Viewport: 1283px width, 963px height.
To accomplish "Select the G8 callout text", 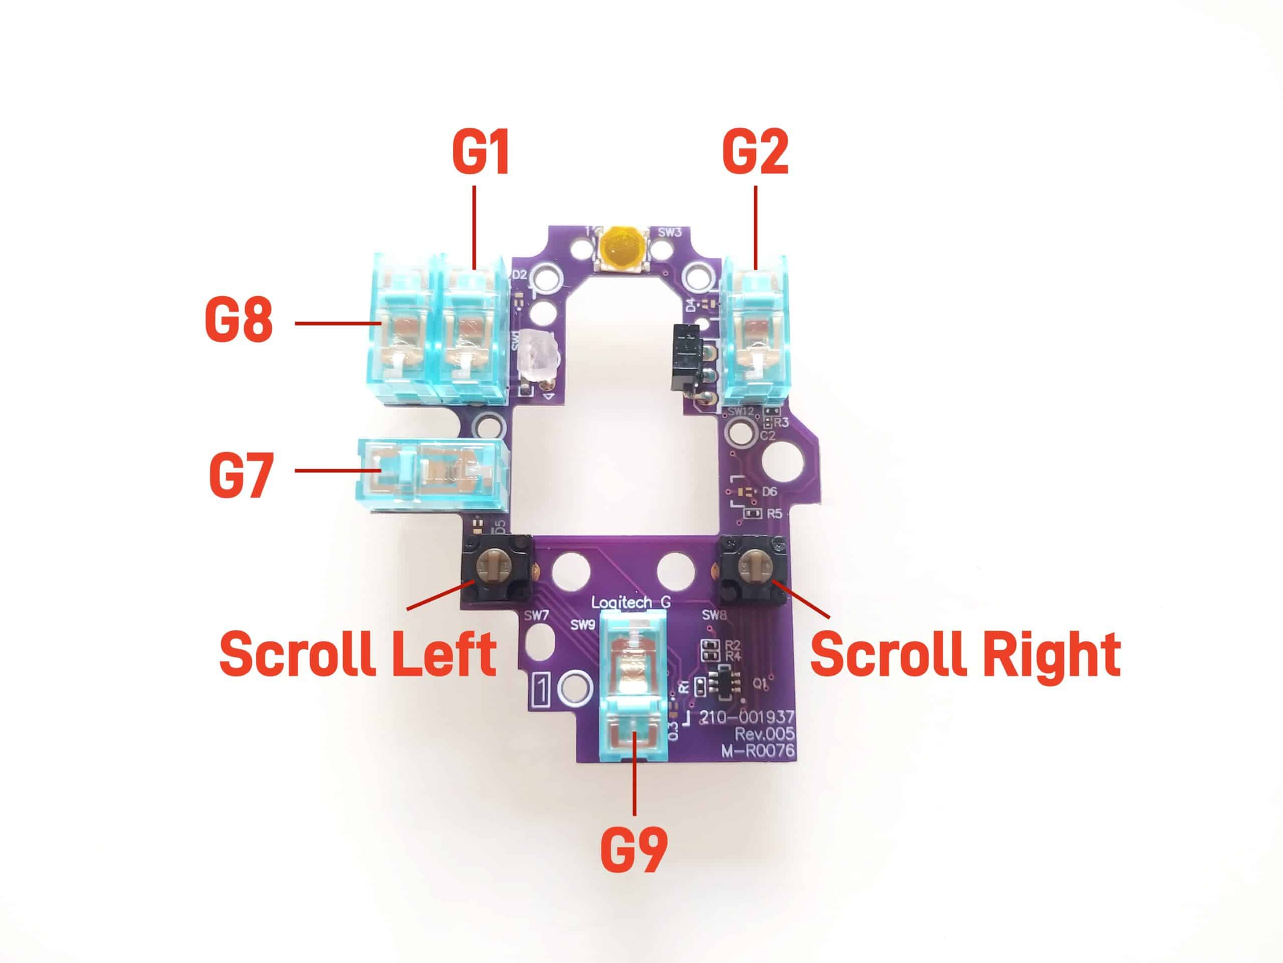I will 239,320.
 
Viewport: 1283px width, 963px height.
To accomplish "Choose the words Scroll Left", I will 358,654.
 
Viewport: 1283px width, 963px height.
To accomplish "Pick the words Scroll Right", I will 965,654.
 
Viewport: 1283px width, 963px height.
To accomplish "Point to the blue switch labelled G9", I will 635,691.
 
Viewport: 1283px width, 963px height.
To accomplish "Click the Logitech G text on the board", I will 631,602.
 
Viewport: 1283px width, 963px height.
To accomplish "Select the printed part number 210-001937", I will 747,717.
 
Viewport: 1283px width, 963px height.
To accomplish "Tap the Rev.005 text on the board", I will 764,734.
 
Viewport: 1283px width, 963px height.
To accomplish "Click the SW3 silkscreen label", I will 670,232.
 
